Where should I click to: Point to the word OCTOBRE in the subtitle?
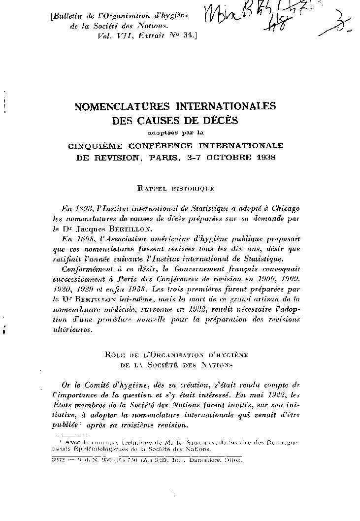tap(229, 158)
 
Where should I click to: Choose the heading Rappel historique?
tap(176, 188)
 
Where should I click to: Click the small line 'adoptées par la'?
tap(176, 132)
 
